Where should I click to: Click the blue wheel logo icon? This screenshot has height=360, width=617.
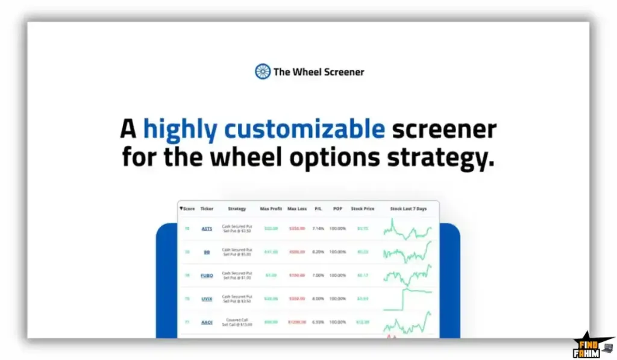tap(263, 72)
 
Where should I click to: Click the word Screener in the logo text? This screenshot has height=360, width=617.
tap(344, 72)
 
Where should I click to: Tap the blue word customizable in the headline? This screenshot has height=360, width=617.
tap(304, 129)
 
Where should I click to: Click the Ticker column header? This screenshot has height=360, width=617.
tap(207, 209)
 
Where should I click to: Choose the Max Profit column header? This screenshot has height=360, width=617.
tap(271, 209)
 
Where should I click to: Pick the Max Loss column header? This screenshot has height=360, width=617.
tap(297, 209)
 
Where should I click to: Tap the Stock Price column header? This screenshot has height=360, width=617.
tap(362, 209)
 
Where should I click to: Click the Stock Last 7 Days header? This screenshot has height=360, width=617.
tap(408, 209)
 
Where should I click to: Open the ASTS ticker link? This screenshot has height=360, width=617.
tap(207, 229)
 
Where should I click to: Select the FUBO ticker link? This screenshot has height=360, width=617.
tap(207, 275)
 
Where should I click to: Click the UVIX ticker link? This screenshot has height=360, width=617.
tap(207, 298)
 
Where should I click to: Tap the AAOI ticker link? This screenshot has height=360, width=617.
tap(207, 322)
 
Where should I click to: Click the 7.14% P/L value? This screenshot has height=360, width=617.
tap(318, 229)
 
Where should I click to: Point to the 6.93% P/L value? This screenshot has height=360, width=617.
tap(318, 322)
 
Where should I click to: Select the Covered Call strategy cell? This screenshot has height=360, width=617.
tap(237, 322)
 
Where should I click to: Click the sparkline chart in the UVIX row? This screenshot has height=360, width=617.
tap(408, 297)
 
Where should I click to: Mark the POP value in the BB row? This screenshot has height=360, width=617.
tap(337, 252)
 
